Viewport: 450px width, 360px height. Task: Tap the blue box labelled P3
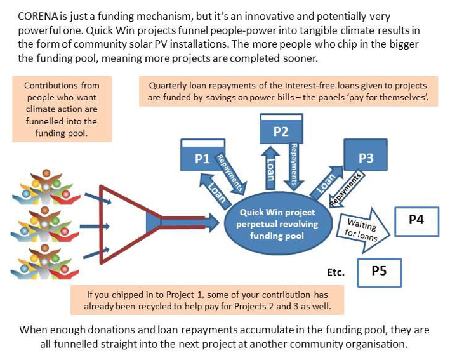pos(366,157)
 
